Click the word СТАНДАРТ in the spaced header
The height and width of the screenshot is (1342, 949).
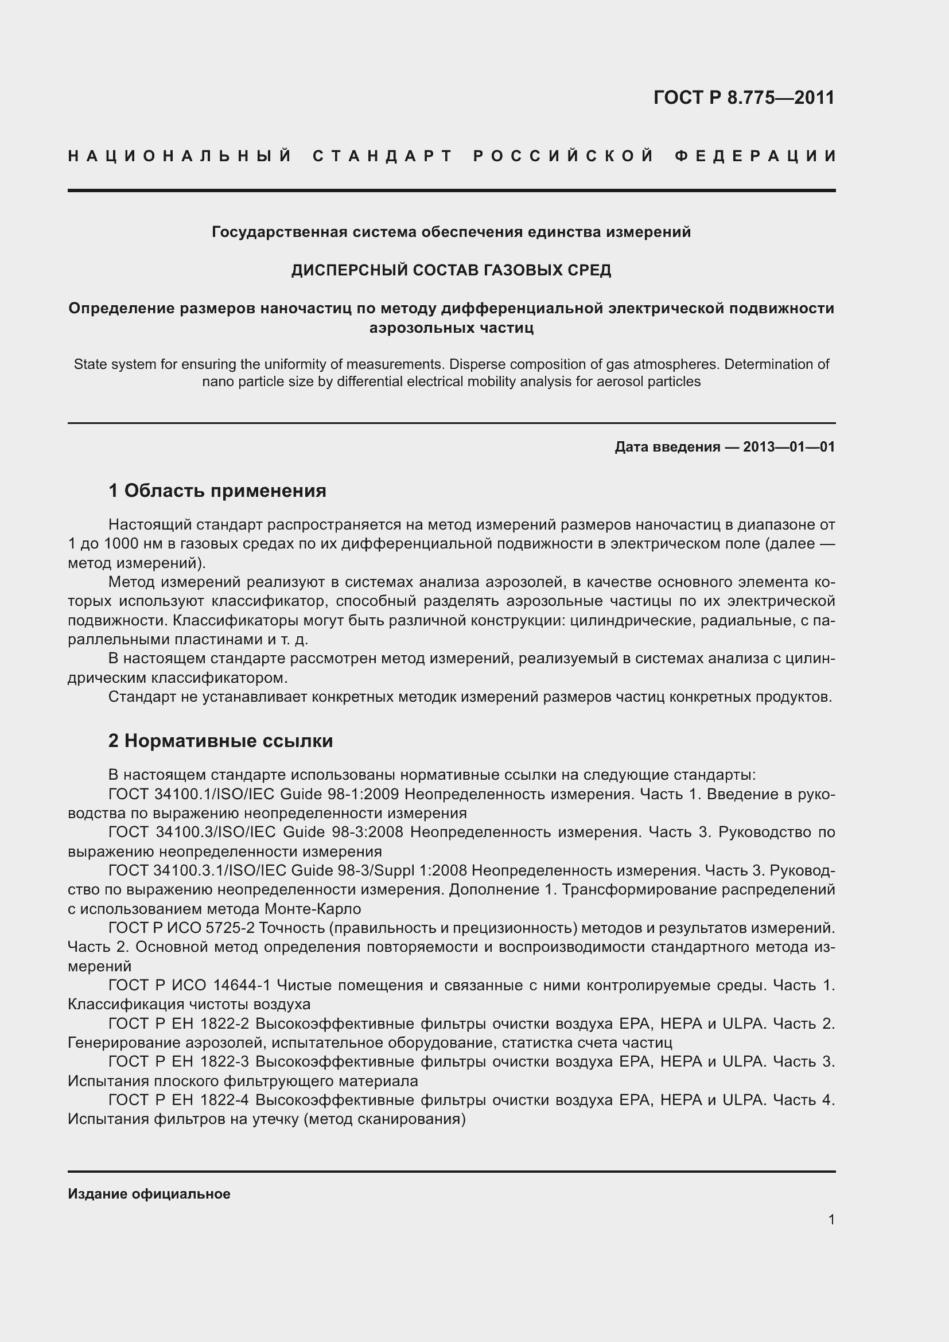coord(383,156)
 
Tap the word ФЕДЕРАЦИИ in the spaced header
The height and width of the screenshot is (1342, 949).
coord(756,156)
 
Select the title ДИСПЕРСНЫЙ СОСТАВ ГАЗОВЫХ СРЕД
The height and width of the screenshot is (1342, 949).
coord(451,270)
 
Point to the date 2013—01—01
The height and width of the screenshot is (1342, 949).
coord(789,447)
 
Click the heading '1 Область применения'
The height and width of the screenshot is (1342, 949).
coord(217,491)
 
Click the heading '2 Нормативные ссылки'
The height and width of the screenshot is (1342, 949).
coord(220,741)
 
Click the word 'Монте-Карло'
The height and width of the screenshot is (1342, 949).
coord(313,909)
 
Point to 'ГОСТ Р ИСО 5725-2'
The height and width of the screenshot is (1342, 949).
coord(181,928)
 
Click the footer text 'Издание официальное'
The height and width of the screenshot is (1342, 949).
coord(149,1194)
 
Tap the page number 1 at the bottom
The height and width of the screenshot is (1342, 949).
coord(831,1220)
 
